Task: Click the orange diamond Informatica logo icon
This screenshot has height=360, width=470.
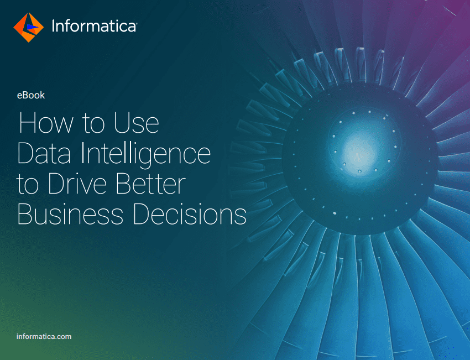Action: tap(28, 27)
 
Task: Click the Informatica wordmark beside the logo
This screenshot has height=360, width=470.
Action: tap(94, 26)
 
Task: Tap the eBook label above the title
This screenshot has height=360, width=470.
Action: tap(31, 95)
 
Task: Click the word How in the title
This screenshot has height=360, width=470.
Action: tap(46, 123)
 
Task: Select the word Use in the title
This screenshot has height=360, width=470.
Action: tap(137, 123)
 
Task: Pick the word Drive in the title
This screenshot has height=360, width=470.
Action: tap(77, 184)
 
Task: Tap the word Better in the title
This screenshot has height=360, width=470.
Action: tap(151, 184)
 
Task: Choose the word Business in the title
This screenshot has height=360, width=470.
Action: tap(70, 214)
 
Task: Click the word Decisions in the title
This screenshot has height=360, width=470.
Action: tap(190, 214)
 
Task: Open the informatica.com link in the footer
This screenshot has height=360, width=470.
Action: tap(44, 336)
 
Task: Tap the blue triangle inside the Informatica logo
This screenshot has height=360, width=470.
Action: tap(32, 27)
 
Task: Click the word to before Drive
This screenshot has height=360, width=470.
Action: tap(28, 184)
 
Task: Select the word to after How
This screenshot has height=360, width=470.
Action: tap(93, 123)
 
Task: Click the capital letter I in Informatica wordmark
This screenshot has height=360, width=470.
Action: tap(53, 26)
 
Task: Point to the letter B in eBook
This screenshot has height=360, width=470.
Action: tap(25, 95)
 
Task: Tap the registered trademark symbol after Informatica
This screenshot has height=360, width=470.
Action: tap(136, 23)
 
